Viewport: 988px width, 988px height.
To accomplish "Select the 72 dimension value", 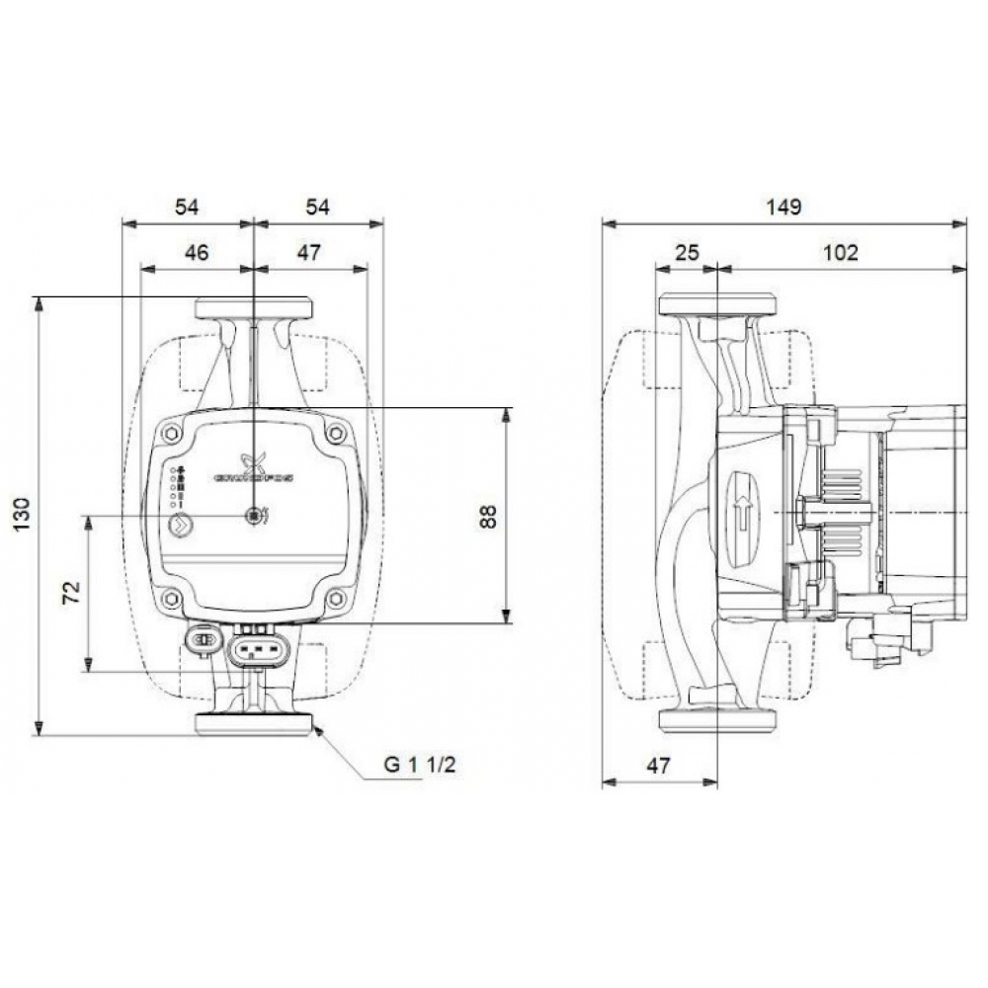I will pyautogui.click(x=70, y=593).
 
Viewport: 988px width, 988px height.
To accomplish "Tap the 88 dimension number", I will pyautogui.click(x=488, y=515).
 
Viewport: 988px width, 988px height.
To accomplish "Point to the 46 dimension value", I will pyautogui.click(x=197, y=252).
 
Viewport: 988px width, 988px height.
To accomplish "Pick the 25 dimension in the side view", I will pyautogui.click(x=686, y=252).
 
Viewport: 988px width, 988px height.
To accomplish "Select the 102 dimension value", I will pyautogui.click(x=840, y=252).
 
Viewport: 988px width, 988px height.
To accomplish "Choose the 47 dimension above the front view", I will pyautogui.click(x=309, y=252).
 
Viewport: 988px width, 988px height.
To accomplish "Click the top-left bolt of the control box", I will pyautogui.click(x=172, y=433).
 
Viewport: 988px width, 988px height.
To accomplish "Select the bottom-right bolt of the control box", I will pyautogui.click(x=336, y=598).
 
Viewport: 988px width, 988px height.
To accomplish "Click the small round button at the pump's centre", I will pyautogui.click(x=254, y=515).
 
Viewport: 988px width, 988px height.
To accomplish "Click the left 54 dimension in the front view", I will pyautogui.click(x=187, y=206).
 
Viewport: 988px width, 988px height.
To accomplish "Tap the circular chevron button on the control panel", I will pyautogui.click(x=179, y=525).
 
